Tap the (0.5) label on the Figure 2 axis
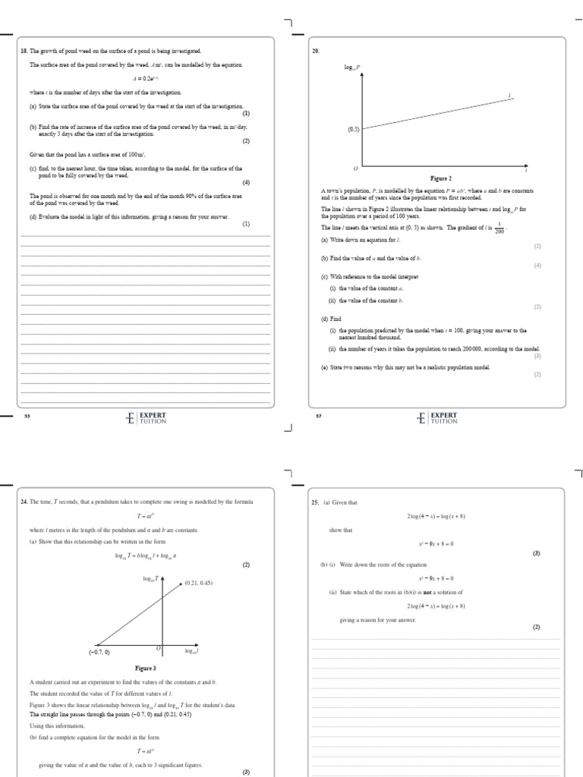coord(353,130)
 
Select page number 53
coord(27,417)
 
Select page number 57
coord(319,417)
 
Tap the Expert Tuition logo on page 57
coord(437,417)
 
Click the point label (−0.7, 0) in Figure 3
coord(99,652)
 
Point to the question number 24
coord(24,502)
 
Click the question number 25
coord(315,502)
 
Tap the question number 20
coord(315,50)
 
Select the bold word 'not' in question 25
coord(407,593)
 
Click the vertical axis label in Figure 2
coord(353,68)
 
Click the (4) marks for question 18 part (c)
coord(245,182)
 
